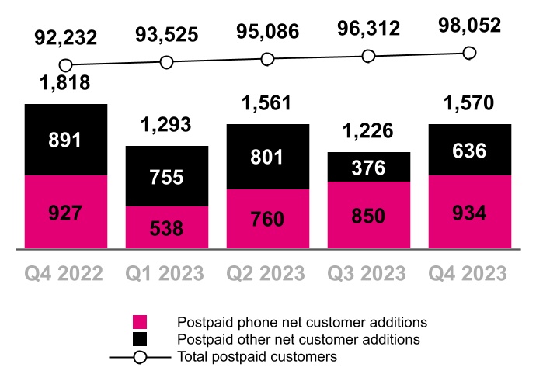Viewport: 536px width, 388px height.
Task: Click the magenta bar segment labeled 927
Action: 65,212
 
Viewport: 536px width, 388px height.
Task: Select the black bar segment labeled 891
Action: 65,140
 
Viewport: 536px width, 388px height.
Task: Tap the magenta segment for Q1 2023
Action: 166,227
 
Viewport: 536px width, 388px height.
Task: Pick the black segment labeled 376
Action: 368,167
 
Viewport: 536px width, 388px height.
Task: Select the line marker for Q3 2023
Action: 368,56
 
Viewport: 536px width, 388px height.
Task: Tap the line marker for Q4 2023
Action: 468,53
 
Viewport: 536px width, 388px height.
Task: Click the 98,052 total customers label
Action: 468,26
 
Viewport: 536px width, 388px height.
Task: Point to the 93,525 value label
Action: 166,35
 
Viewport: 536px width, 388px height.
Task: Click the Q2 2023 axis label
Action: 267,273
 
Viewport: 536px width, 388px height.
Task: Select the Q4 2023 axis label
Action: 468,273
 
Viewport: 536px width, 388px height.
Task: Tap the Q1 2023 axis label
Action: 166,273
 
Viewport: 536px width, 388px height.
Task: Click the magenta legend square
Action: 140,322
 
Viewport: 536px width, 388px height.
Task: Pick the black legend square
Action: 140,339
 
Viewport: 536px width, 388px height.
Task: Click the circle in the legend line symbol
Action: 140,357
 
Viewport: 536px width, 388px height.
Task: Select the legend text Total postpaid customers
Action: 257,357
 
